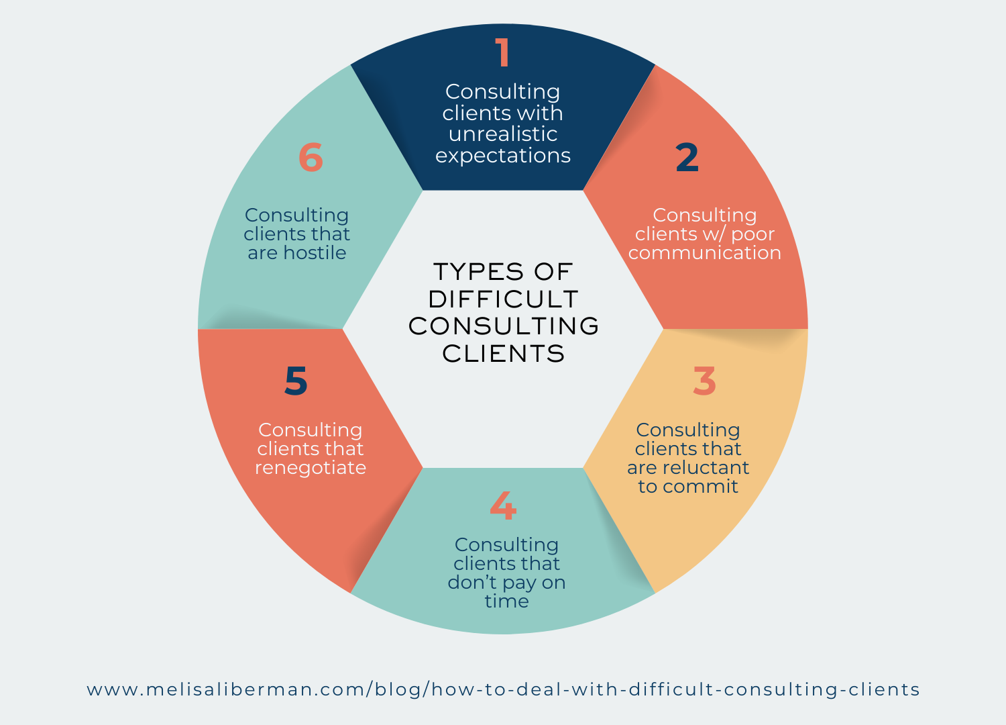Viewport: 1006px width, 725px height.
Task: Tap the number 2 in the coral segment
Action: [x=687, y=158]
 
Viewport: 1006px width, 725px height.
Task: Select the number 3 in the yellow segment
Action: [x=704, y=381]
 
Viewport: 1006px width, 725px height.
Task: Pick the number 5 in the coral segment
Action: [x=296, y=381]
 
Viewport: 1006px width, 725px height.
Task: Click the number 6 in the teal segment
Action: [x=311, y=158]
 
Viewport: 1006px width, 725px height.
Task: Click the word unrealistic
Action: [x=503, y=134]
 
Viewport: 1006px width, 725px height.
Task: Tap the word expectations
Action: [x=503, y=156]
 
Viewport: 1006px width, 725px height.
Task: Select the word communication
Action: [x=704, y=253]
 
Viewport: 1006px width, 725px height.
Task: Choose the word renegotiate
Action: [x=311, y=468]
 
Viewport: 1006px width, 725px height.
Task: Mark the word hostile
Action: [x=315, y=252]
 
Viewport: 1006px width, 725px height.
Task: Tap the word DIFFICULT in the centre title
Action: [x=503, y=299]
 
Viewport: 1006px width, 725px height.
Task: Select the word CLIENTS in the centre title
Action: [x=503, y=354]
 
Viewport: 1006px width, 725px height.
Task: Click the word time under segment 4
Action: [x=506, y=601]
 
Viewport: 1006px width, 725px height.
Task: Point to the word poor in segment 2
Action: [x=752, y=234]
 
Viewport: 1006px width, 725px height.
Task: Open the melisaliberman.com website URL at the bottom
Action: [x=503, y=689]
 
